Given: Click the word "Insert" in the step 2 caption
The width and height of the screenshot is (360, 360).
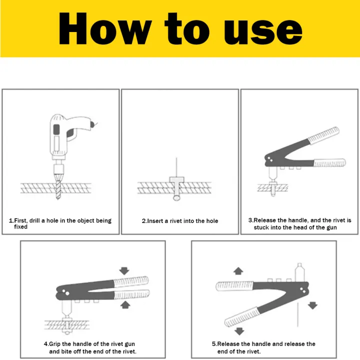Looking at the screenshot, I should (x=156, y=220).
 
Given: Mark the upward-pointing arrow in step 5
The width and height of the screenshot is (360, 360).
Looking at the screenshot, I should (x=238, y=270).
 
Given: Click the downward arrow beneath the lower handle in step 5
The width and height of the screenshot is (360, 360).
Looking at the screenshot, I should (x=239, y=330).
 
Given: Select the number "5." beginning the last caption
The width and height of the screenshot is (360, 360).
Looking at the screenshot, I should (x=214, y=344).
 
